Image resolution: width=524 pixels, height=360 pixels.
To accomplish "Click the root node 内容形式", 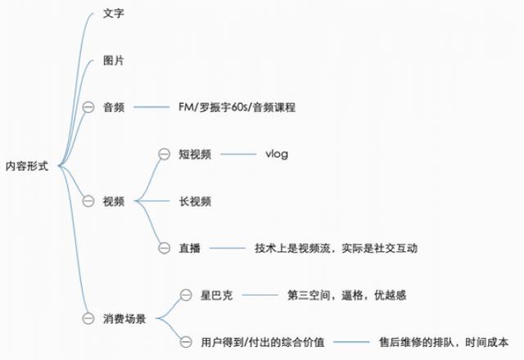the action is [27, 166].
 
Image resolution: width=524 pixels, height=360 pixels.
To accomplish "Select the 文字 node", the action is [114, 13].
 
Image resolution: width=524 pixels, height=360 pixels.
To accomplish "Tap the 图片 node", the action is [114, 61].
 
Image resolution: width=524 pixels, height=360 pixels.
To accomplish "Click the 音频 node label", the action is [114, 107].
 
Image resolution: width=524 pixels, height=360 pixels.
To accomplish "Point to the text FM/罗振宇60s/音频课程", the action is [237, 107].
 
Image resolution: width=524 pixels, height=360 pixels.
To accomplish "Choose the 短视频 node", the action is [195, 155].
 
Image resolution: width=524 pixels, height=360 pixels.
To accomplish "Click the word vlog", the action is [277, 155].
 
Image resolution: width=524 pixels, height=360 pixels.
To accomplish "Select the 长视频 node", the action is [195, 201].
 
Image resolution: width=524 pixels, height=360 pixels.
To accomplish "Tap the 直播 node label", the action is [189, 248].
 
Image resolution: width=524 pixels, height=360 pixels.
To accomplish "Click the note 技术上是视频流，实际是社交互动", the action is [336, 248].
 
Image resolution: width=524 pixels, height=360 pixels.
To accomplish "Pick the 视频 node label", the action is [114, 201].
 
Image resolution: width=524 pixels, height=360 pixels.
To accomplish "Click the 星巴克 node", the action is [216, 295].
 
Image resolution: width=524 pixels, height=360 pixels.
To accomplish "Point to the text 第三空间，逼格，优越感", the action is [347, 295].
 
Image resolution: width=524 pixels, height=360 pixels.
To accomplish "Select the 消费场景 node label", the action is [124, 318].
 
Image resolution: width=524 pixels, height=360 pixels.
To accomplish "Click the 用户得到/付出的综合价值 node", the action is [262, 342].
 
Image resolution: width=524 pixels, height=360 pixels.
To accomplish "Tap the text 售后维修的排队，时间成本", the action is [444, 342].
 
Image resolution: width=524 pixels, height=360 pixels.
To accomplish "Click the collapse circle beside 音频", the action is [88, 107].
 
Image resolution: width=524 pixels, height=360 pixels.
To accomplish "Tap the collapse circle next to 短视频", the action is [164, 154].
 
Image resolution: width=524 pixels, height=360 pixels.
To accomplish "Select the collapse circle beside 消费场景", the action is [88, 318].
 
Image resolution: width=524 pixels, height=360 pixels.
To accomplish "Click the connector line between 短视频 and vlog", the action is [238, 155].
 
